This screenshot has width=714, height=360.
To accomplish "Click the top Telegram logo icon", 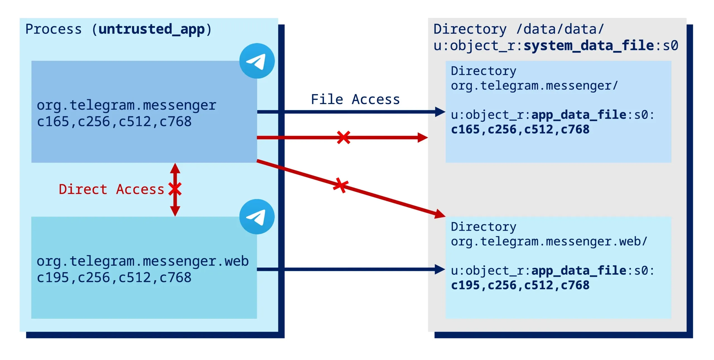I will point(257,61).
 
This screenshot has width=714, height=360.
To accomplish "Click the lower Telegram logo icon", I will point(257,217).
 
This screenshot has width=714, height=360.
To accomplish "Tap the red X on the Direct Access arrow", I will point(175,189).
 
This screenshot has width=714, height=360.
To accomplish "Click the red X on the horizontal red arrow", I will point(343,137).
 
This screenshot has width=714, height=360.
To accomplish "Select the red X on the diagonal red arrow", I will point(341,185).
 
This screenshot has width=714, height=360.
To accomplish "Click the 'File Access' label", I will point(355,100).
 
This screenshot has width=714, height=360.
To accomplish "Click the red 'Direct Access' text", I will point(111,189).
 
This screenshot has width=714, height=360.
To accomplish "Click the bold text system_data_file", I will point(589,45).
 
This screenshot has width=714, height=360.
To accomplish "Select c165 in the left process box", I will point(53,122).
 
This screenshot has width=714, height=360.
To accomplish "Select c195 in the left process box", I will point(53,277).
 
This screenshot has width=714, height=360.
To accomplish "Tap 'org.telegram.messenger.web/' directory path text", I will point(549,242).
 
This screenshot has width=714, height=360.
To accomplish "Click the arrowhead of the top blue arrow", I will point(440,112).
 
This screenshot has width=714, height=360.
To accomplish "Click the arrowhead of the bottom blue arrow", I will point(440,269).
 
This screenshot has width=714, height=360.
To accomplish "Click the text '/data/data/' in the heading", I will point(560,29).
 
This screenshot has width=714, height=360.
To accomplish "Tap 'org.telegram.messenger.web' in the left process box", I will point(143,261).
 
